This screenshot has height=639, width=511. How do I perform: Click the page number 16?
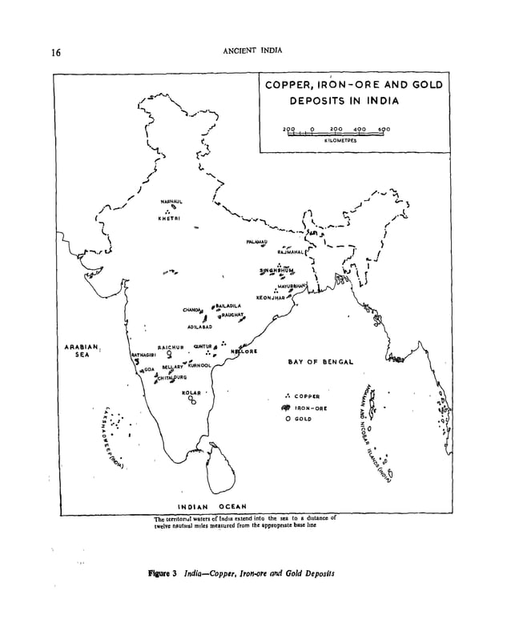[56, 54]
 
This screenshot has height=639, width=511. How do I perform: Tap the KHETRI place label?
[169, 218]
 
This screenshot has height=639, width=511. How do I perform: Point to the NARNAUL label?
[171, 200]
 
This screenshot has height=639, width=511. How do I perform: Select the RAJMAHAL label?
[281, 251]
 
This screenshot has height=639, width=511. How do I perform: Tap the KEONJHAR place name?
[271, 297]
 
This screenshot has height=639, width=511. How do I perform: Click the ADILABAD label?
[199, 328]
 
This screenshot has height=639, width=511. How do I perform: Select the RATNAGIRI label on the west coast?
[143, 353]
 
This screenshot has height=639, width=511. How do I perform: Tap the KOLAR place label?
[191, 392]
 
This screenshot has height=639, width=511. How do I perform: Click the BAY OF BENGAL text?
[320, 362]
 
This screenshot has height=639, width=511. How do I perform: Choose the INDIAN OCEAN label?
[211, 506]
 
